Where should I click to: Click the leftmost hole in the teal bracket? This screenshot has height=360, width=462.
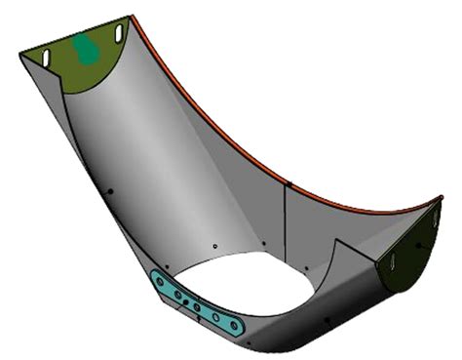pyautogui.click(x=160, y=281)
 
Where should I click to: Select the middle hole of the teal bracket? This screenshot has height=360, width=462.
pyautogui.click(x=196, y=307)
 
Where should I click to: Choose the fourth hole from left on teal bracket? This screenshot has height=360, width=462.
pyautogui.click(x=214, y=316)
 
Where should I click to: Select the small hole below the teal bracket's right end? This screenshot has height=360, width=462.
pyautogui.click(x=249, y=343)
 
